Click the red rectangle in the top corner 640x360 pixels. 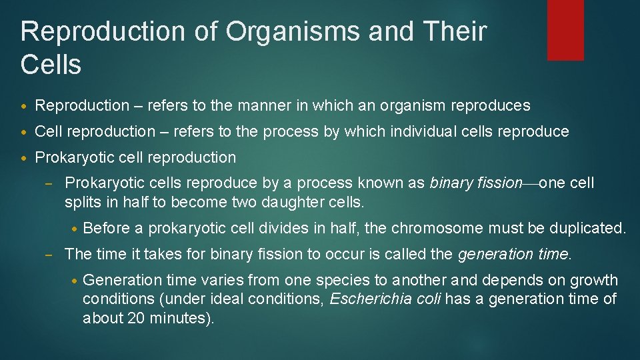tap(565, 30)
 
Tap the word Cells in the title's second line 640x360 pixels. tap(51, 65)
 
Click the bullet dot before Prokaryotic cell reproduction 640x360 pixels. tap(25, 158)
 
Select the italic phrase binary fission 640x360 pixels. tap(476, 183)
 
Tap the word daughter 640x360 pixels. tap(293, 202)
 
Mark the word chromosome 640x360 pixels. tap(437, 228)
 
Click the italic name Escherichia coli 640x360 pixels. tap(385, 299)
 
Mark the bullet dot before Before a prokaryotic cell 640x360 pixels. tap(75, 229)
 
